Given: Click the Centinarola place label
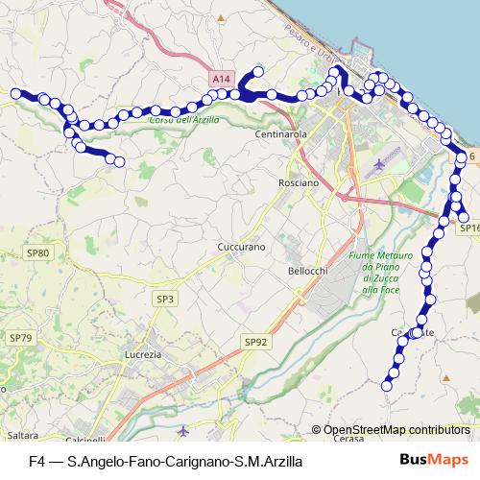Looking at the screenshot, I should [280, 135].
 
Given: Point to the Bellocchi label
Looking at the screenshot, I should [308, 272].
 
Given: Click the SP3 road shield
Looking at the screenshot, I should [165, 300].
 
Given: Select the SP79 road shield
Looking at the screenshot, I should [20, 338].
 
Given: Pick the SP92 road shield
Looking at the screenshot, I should [254, 341].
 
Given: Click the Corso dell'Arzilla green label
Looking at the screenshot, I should [186, 120].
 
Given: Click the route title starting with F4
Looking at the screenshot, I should [165, 461].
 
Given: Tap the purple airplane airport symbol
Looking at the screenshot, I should [380, 163].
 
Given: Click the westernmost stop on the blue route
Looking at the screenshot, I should [16, 93].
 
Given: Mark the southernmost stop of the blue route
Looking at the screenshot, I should [387, 386].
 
